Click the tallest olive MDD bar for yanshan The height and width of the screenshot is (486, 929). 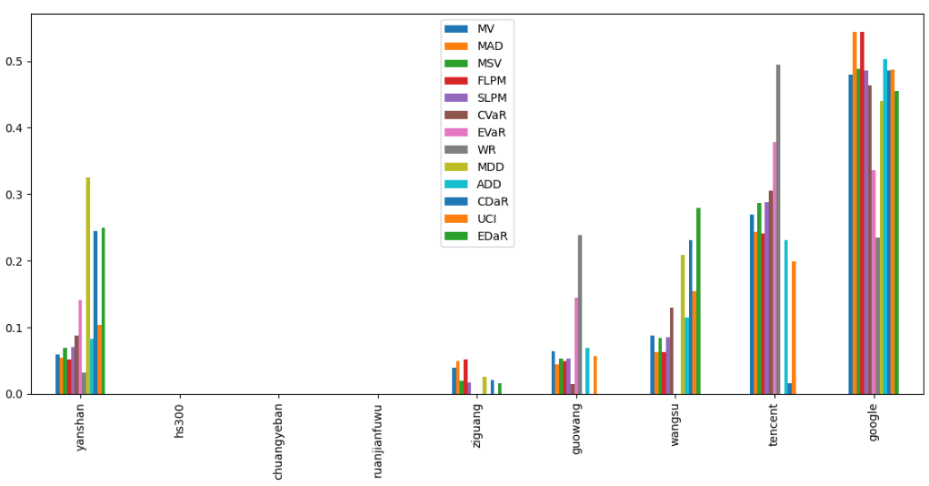88,286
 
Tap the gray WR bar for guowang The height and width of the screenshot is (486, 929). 580,314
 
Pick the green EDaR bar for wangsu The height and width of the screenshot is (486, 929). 698,301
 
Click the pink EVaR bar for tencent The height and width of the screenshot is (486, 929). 774,268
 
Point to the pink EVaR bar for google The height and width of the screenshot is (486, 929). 874,282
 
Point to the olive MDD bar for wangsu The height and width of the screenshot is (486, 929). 683,324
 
